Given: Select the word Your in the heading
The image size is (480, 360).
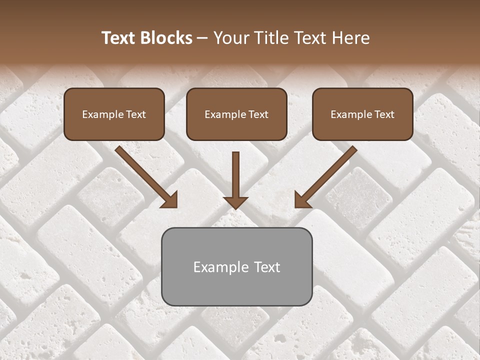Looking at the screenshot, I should click(x=231, y=38).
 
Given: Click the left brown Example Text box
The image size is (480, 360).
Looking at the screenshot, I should click(x=114, y=114).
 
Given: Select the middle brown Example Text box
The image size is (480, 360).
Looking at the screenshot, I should click(x=236, y=114).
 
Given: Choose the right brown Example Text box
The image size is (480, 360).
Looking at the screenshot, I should click(x=362, y=114).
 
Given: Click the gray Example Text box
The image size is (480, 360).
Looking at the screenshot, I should click(x=236, y=266).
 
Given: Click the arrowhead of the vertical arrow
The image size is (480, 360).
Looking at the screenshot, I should click(x=235, y=202).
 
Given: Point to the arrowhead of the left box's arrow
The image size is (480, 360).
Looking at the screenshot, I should click(x=170, y=200).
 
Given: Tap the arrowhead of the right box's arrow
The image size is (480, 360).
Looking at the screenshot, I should click(x=302, y=200).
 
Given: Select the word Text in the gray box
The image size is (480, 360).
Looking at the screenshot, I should click(x=267, y=267).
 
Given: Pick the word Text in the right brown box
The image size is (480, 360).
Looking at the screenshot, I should click(x=384, y=114).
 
